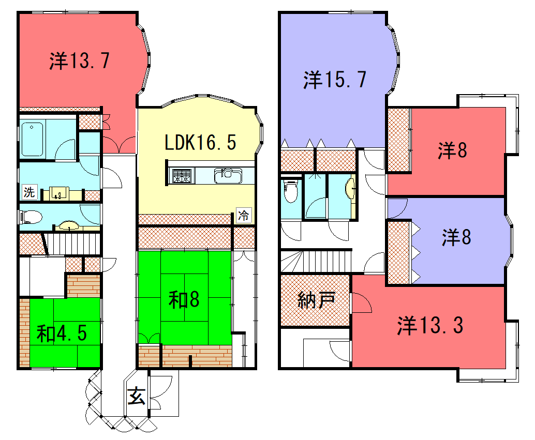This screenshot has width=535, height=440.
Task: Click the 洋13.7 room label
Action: (x=80, y=60)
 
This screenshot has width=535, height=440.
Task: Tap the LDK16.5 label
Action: (x=200, y=142)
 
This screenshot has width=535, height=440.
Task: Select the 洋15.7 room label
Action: (x=335, y=80)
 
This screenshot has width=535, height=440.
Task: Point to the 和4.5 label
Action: (x=62, y=333)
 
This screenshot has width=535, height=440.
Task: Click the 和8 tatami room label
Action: (x=184, y=300)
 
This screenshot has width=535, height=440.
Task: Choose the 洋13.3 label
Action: (x=430, y=325)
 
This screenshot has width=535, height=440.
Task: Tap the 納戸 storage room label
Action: (x=316, y=300)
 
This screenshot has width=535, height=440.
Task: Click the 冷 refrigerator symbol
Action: (x=244, y=215)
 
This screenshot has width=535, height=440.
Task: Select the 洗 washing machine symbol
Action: (x=29, y=192)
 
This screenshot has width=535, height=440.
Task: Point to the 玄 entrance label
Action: (x=137, y=396)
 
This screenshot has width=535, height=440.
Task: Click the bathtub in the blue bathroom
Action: (x=33, y=139)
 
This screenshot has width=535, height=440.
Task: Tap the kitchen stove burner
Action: (x=182, y=176)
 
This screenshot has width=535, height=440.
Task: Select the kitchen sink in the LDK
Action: (x=228, y=176)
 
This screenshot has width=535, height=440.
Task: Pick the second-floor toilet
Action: (x=291, y=191)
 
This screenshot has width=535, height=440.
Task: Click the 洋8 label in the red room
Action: (x=452, y=150)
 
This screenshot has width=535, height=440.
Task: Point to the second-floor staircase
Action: (x=316, y=262)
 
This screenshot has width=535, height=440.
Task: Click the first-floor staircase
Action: (x=72, y=244)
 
